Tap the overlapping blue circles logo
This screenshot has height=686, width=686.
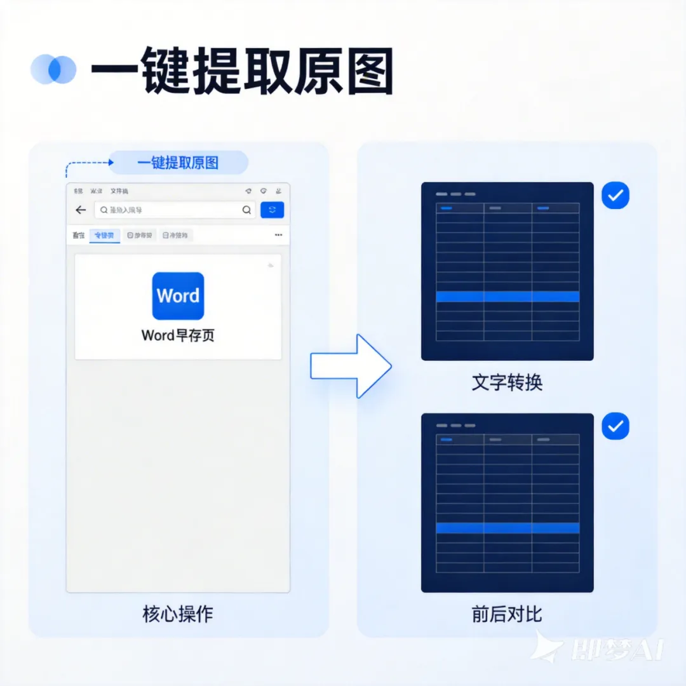53,69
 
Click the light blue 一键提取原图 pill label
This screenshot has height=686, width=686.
178,163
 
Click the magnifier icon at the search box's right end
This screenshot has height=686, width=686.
246,210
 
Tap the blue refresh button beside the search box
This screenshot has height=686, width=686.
272,210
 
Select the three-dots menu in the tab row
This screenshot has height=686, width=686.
278,236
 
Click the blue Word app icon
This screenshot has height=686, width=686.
178,296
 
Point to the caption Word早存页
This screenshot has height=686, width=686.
178,335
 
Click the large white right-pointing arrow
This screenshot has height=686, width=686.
350,366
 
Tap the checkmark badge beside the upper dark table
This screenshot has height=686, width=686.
615,196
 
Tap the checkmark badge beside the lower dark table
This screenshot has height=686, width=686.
615,427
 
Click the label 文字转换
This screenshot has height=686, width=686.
507,383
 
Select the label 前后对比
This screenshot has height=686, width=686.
507,614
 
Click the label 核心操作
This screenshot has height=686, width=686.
178,614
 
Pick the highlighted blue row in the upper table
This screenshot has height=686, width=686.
508,297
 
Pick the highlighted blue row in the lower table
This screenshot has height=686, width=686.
508,528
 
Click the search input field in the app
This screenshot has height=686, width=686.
168,210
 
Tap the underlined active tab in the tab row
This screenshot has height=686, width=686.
105,236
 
